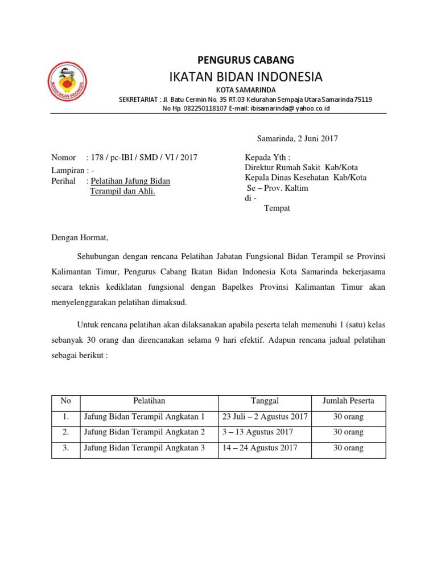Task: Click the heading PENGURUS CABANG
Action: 246,59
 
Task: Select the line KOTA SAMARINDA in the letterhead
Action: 246,90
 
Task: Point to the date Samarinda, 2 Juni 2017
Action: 298,138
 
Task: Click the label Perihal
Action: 63,181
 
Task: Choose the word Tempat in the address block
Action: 277,208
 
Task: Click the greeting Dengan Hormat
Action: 80,237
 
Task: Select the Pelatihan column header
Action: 149,401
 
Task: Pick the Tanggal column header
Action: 265,401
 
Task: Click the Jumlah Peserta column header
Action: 348,401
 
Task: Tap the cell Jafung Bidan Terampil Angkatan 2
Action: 144,433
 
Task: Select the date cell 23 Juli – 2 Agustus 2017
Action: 265,417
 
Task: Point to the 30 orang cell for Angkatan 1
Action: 348,417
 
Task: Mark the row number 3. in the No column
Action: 65,448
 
